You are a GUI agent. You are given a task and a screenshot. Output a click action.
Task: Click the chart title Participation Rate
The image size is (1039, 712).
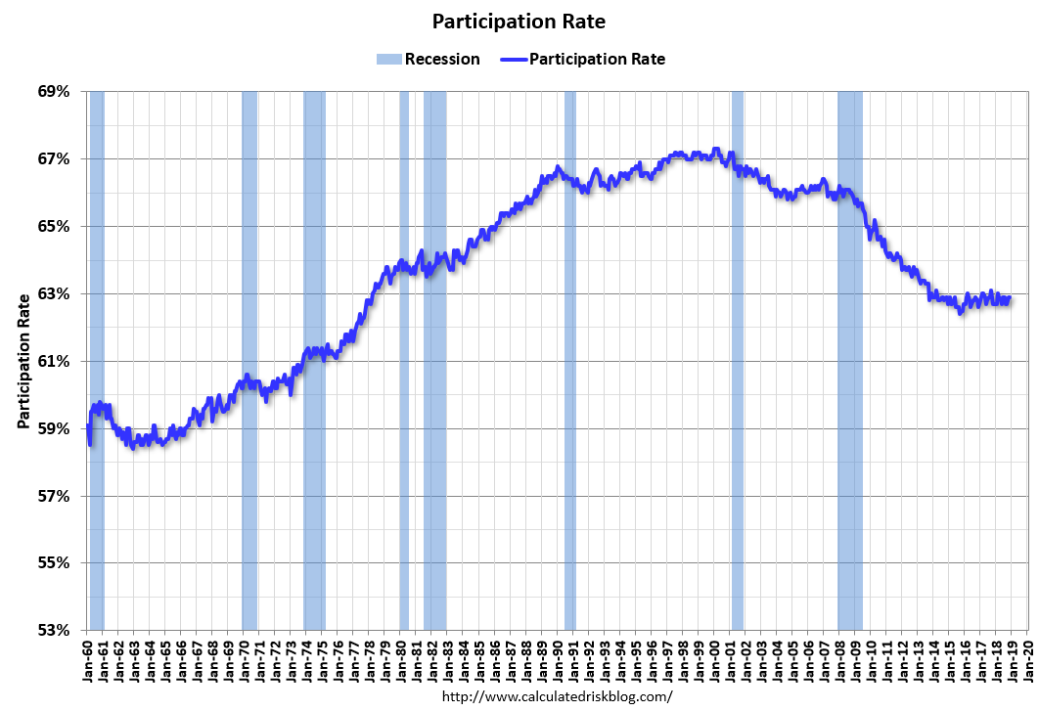click(x=519, y=22)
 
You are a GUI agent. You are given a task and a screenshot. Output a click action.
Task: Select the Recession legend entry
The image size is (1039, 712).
click(x=429, y=59)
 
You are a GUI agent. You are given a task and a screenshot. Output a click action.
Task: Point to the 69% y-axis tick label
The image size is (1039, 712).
click(x=55, y=92)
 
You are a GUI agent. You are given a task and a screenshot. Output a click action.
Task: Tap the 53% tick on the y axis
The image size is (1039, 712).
click(x=55, y=630)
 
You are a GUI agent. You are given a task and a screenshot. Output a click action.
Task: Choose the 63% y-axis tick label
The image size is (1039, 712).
click(x=55, y=293)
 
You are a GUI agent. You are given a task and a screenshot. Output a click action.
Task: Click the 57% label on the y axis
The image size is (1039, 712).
click(x=55, y=496)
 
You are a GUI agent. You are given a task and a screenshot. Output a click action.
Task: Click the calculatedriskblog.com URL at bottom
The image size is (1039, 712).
click(x=558, y=696)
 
